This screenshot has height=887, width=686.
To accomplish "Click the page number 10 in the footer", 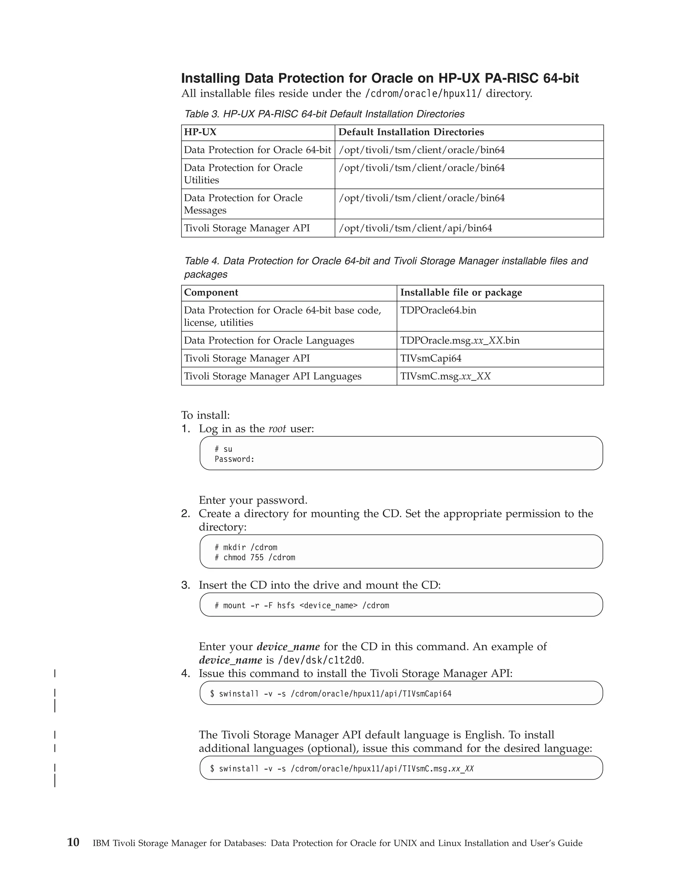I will (x=73, y=842).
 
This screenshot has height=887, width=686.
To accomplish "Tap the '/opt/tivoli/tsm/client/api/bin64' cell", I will (x=415, y=228).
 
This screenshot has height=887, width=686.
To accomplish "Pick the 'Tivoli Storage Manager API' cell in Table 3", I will (x=247, y=228).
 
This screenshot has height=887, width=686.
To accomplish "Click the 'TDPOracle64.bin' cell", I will (x=438, y=310).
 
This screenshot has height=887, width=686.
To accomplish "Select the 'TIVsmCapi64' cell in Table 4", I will (x=431, y=358).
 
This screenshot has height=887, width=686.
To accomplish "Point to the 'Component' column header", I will (x=211, y=293).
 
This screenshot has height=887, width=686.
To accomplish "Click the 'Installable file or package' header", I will (x=461, y=293).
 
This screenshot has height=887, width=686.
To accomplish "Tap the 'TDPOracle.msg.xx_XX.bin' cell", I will (x=460, y=340).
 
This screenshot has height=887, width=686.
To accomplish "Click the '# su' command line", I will (x=223, y=449).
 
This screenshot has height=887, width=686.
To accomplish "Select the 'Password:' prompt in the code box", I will (x=234, y=459).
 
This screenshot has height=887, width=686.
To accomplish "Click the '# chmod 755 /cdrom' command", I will (x=255, y=558).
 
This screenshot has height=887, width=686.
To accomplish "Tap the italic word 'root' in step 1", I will (x=277, y=429).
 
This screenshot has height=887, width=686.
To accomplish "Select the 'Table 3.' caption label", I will (x=202, y=114).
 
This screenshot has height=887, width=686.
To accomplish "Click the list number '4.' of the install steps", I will (x=185, y=674).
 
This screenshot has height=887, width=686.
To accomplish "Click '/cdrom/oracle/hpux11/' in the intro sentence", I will (x=423, y=94).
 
